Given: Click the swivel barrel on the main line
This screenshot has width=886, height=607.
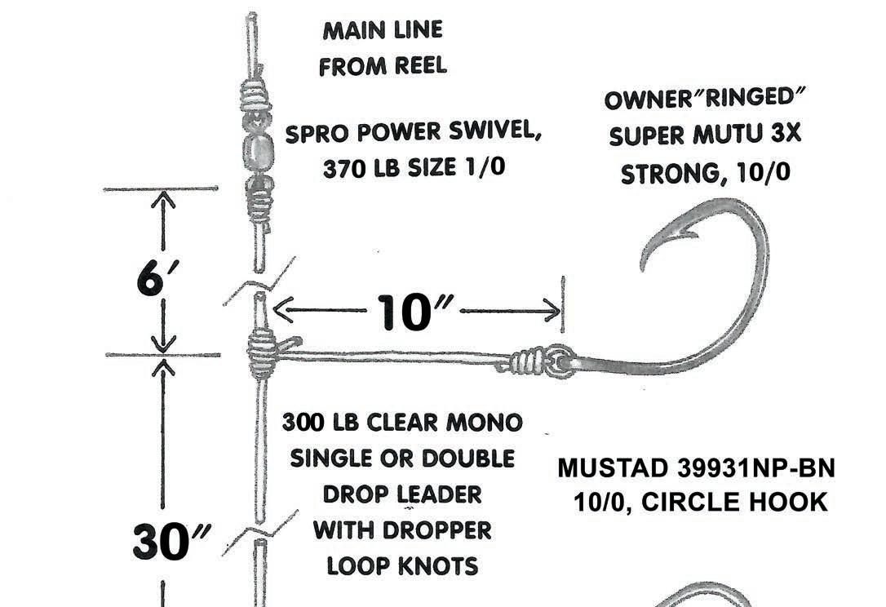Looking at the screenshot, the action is [261, 152].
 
